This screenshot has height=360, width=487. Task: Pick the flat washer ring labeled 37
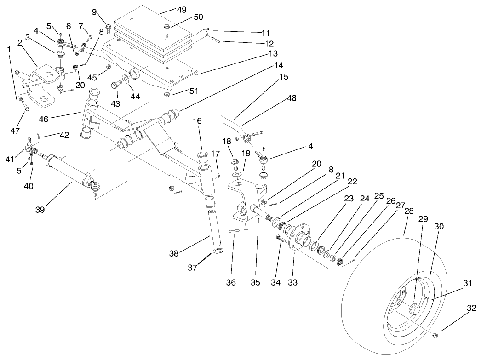pyautogui.click(x=218, y=251)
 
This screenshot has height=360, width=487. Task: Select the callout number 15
pyautogui.click(x=284, y=77)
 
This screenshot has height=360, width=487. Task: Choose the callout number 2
pyautogui.click(x=20, y=42)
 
